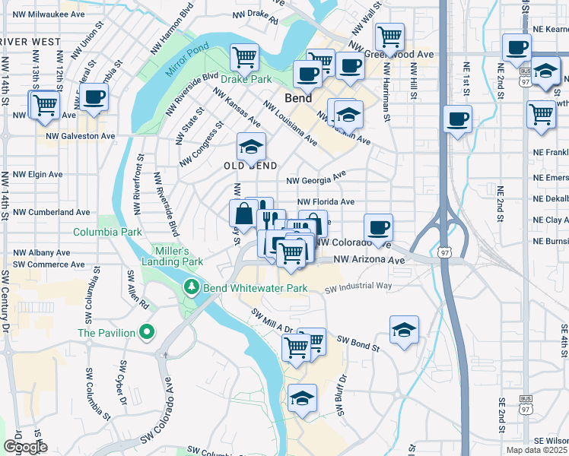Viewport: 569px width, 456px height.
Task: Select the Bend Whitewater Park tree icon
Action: click(x=191, y=288)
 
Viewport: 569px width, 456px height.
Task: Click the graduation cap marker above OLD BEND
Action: click(x=250, y=147)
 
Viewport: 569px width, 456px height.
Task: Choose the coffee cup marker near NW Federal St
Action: click(x=94, y=97)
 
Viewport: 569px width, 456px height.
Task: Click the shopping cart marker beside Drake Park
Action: click(x=245, y=55)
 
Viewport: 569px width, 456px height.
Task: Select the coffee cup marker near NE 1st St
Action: click(x=457, y=119)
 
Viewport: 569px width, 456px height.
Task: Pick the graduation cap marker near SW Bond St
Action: click(x=404, y=329)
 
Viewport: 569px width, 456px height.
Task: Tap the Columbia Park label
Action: click(x=107, y=231)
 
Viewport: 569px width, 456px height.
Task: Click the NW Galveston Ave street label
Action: click(x=80, y=136)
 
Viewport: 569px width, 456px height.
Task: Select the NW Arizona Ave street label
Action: click(x=370, y=260)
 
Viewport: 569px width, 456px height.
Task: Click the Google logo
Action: click(x=25, y=447)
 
